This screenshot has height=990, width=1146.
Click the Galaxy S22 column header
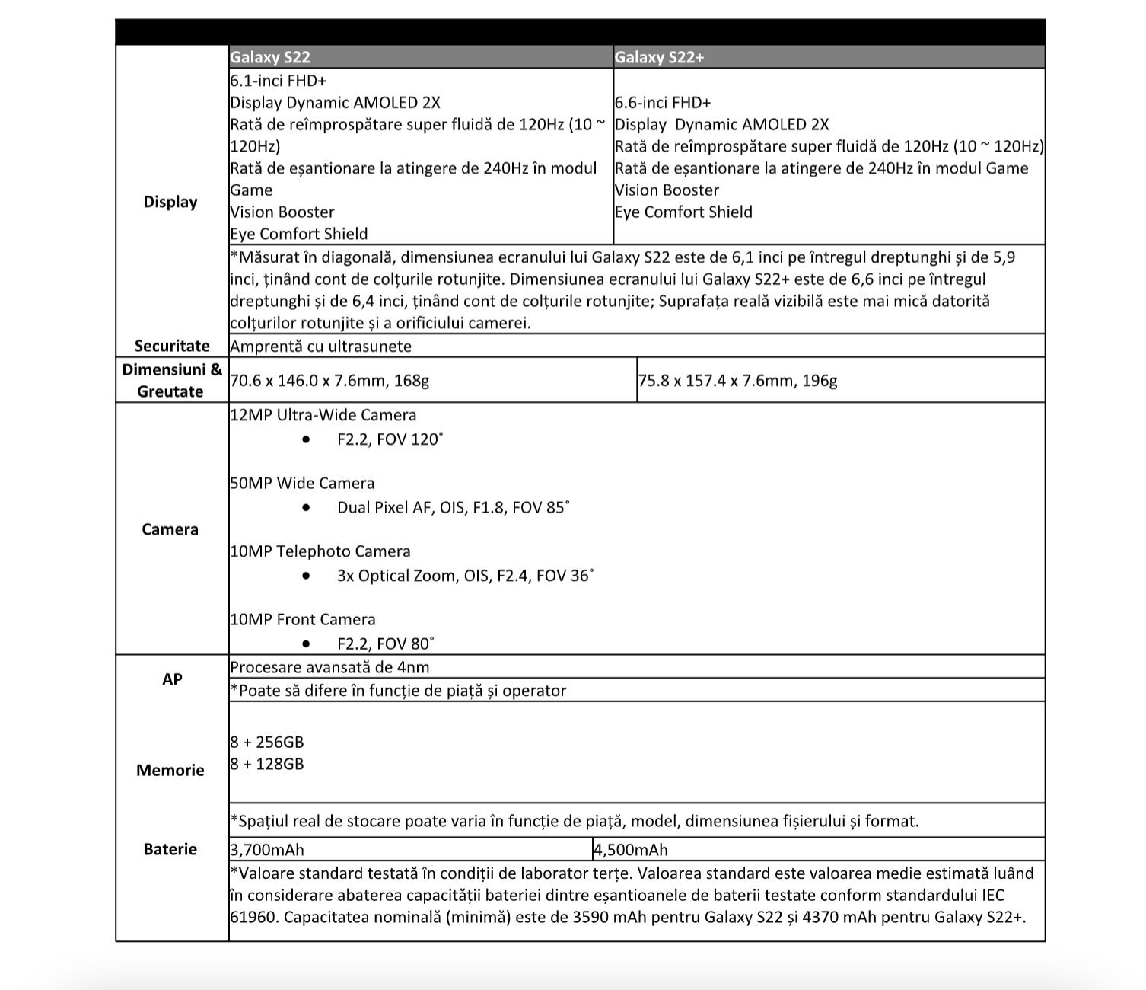coord(270,57)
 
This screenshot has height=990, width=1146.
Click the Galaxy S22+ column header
coord(659,57)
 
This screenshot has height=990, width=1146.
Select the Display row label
coord(170,202)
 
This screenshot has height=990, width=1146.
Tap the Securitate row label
coord(172,346)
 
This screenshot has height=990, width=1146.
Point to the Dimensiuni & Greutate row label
coord(172,380)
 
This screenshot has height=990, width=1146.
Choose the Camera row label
coord(170,529)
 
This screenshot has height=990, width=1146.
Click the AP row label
coord(172,679)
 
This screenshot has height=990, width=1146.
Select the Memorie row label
coord(170,770)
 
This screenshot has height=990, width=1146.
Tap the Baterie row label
coord(170,849)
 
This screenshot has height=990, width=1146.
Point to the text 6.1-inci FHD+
coord(279,81)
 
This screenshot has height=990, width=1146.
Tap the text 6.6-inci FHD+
coord(663,103)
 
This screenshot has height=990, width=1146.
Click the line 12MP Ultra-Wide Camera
coord(323,415)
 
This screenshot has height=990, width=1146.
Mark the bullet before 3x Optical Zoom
coord(306,576)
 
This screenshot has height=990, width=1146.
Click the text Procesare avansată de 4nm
coord(329,667)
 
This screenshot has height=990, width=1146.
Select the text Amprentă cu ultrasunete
coord(320,346)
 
